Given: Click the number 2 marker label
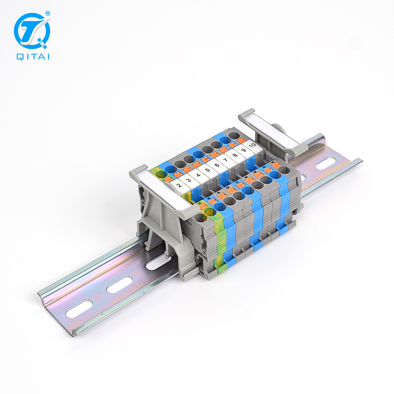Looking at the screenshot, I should [x=179, y=185].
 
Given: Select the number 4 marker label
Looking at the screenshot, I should [x=198, y=175].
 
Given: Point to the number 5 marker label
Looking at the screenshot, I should [x=207, y=170].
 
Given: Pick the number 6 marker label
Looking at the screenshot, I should [x=217, y=165].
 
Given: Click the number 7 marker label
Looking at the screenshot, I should [x=226, y=160].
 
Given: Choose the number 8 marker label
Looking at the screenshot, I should [x=235, y=155].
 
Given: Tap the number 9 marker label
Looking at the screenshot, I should [x=244, y=150].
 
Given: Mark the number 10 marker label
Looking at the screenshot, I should [x=252, y=145].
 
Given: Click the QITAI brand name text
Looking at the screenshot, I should [x=33, y=57].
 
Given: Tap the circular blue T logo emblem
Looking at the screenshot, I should [x=32, y=31].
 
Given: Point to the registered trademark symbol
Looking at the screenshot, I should [x=47, y=14].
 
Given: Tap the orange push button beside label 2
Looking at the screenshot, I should [x=168, y=180].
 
